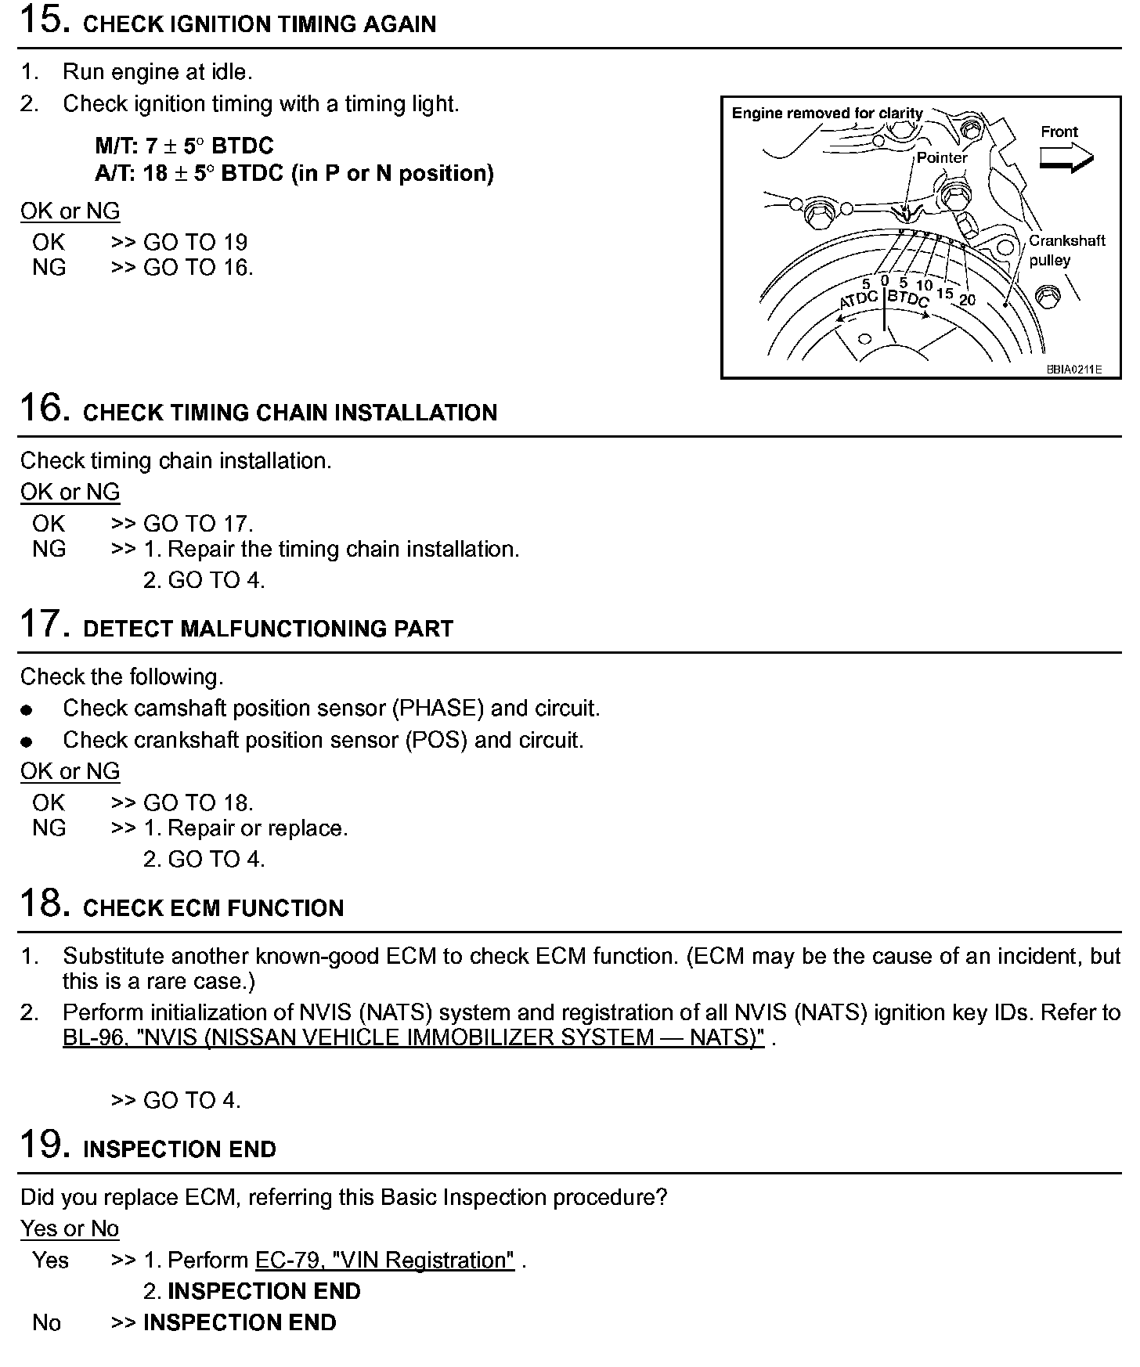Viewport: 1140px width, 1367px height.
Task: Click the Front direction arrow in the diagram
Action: click(1066, 158)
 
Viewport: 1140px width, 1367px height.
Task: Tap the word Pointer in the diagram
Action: click(942, 157)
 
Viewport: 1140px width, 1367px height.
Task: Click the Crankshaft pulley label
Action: click(1066, 250)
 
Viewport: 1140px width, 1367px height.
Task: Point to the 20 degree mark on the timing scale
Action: click(968, 300)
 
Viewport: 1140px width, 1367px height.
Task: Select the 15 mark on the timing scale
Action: click(945, 293)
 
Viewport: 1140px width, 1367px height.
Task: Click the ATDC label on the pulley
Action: click(858, 300)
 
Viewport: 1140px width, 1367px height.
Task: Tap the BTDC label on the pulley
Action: click(908, 298)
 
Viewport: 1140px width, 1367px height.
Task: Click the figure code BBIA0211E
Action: click(1074, 370)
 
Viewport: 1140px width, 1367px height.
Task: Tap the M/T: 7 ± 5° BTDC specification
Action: click(185, 146)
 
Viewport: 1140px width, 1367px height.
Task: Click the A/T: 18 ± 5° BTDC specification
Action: click(294, 173)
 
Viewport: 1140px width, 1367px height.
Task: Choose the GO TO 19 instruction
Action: click(195, 242)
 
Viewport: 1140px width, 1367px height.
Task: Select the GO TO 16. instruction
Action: click(198, 268)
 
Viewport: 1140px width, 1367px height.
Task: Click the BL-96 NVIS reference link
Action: click(413, 1038)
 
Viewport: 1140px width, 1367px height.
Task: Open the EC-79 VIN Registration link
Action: click(385, 1261)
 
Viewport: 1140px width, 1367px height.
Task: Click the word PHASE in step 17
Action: click(438, 709)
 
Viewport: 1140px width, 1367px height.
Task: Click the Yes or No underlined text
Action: click(70, 1229)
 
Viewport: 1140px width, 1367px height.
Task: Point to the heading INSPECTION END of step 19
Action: click(179, 1149)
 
